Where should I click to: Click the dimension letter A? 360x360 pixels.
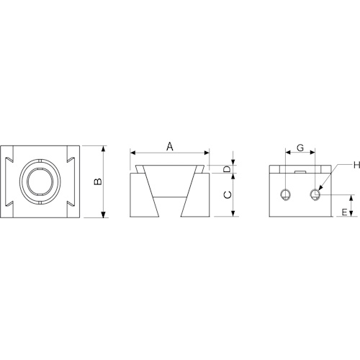coord(170,146)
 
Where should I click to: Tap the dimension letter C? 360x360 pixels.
coord(227,195)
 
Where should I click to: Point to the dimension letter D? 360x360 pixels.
coord(227,170)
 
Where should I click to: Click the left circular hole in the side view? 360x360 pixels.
coord(286,194)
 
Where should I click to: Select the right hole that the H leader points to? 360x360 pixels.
coord(315,194)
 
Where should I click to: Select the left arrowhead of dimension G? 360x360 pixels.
coord(288,153)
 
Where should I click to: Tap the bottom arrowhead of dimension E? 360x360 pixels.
coord(352,215)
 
